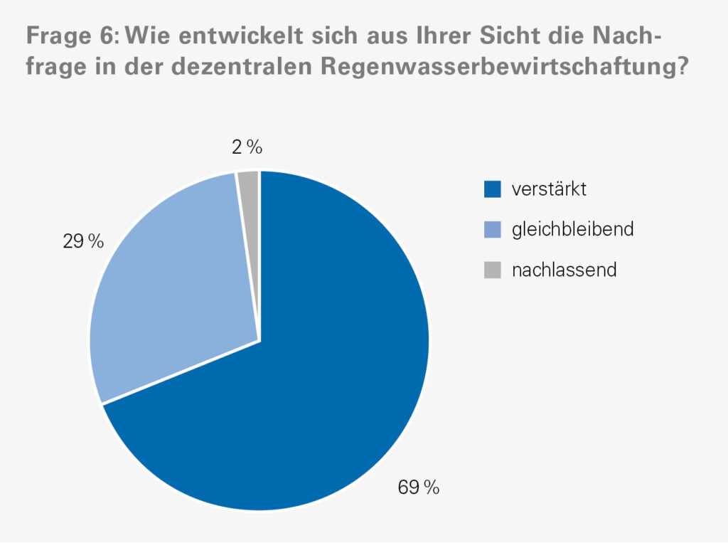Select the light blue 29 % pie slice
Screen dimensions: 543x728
[171, 285]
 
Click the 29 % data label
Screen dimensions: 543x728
[83, 242]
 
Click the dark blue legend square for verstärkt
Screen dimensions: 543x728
[492, 190]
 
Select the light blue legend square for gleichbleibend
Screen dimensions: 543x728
[492, 230]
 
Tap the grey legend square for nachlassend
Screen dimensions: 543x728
[492, 270]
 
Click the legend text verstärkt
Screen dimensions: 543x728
[549, 190]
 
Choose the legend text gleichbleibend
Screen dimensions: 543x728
[572, 230]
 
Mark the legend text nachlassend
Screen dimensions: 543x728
[564, 270]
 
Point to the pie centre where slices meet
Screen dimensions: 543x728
[259, 341]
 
